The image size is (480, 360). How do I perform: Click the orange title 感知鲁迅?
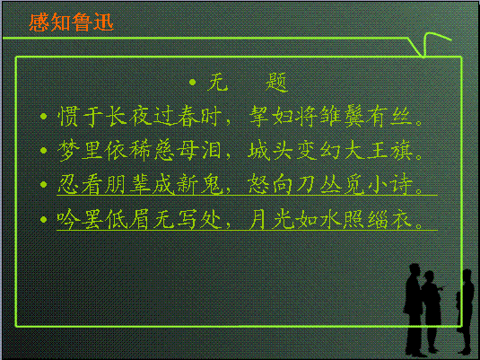pyautogui.click(x=71, y=22)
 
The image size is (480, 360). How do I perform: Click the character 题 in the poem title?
pyautogui.click(x=276, y=83)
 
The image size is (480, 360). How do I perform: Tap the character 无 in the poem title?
pyautogui.click(x=218, y=83)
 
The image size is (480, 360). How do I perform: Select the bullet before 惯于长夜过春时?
pyautogui.click(x=43, y=116)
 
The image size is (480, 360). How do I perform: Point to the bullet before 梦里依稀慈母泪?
pyautogui.click(x=43, y=150)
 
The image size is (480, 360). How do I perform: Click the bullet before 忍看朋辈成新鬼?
pyautogui.click(x=43, y=184)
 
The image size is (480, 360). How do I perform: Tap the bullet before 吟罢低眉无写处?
pyautogui.click(x=43, y=219)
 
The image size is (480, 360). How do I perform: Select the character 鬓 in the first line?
pyautogui.click(x=353, y=117)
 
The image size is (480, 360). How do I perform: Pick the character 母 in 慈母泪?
pyautogui.click(x=188, y=151)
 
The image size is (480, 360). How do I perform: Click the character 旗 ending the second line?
pyautogui.click(x=401, y=151)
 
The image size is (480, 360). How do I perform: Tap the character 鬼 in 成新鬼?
pyautogui.click(x=211, y=185)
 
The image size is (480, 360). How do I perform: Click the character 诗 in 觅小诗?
pyautogui.click(x=401, y=185)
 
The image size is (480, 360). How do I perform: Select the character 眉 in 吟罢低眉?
pyautogui.click(x=140, y=219)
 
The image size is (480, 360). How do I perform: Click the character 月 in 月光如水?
pyautogui.click(x=258, y=219)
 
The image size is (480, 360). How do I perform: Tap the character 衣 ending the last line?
pyautogui.click(x=401, y=219)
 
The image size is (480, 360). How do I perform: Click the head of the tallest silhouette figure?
pyautogui.click(x=414, y=270)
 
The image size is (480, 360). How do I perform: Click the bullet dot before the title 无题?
pyautogui.click(x=192, y=82)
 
